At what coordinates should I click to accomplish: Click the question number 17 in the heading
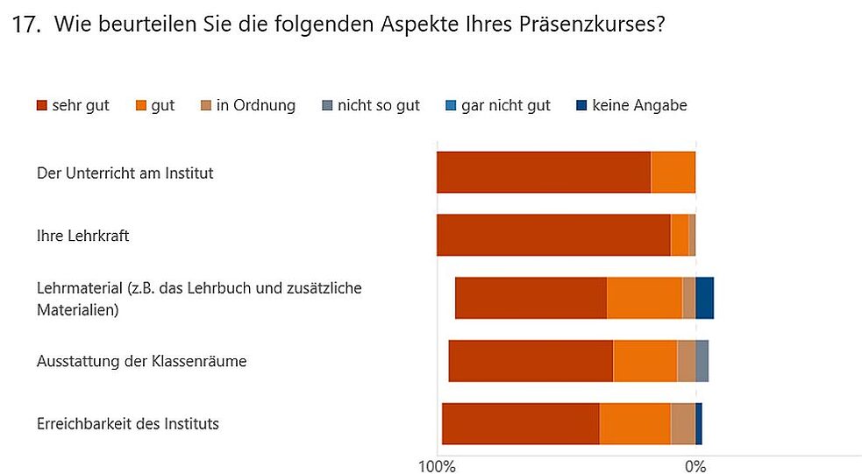click(26, 25)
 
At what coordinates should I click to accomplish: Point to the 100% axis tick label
click(437, 466)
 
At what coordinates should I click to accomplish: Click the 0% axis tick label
click(695, 466)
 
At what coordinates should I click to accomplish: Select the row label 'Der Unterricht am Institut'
click(125, 173)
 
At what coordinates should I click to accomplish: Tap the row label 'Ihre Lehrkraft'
click(83, 236)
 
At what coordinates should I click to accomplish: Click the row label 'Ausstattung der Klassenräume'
click(141, 361)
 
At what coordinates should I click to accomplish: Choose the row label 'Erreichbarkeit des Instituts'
click(128, 424)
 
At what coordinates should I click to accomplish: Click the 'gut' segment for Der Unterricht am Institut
click(673, 172)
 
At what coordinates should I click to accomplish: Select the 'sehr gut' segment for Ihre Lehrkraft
click(553, 235)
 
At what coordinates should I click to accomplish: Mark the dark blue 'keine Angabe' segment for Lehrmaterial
click(704, 298)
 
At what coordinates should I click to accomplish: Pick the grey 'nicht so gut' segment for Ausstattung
click(702, 361)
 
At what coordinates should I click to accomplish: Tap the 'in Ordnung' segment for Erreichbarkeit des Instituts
click(683, 424)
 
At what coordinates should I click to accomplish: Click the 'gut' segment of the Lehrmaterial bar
click(645, 298)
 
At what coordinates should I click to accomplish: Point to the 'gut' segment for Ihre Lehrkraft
click(680, 235)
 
